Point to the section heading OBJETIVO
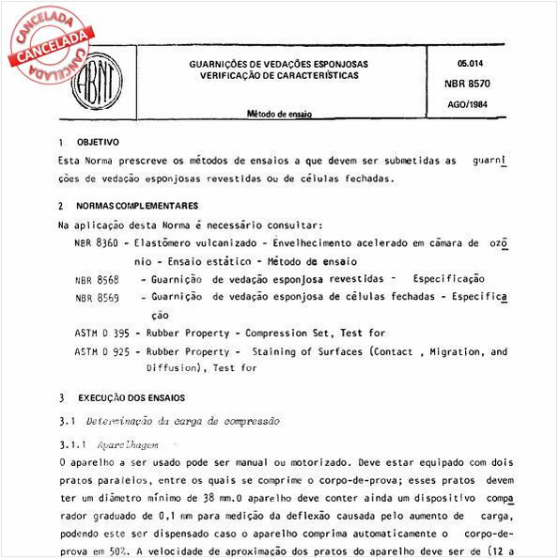96,144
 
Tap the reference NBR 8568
97,279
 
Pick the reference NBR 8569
97,297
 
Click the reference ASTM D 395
102,333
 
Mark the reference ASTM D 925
102,351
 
